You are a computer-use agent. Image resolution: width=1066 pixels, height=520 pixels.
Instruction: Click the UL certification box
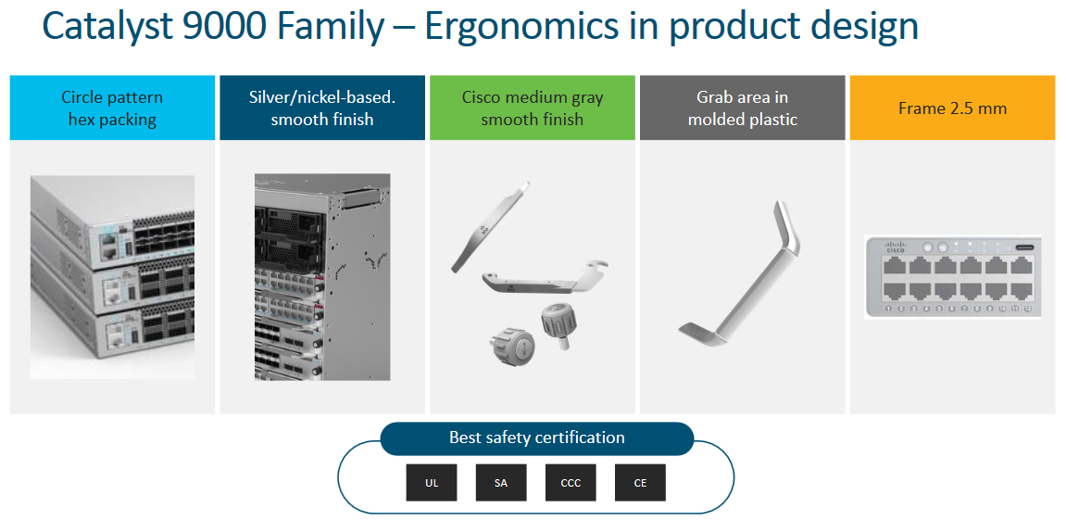tap(432, 483)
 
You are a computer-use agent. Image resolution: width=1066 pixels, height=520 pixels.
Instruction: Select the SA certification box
tap(501, 483)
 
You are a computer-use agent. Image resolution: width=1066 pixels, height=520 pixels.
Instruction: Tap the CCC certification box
tap(571, 483)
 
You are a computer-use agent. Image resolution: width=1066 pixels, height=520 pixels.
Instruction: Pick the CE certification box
tap(640, 483)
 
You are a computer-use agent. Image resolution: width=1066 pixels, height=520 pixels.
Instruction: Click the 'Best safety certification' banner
tap(536, 438)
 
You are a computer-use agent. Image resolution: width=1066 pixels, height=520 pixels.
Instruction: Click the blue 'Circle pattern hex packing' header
tap(112, 108)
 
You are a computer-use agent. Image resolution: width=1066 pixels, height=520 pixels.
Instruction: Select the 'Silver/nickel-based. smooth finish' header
tap(322, 108)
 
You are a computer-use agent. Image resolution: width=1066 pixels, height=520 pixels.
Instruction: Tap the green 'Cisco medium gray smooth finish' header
tap(533, 108)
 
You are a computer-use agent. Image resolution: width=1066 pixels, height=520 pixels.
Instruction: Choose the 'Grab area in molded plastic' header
tap(742, 108)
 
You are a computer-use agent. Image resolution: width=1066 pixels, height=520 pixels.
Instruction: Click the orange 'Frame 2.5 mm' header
tap(952, 108)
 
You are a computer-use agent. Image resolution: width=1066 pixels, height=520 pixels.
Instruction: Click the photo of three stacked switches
tap(112, 276)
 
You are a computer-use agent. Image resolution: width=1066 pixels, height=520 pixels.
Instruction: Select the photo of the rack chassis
tap(322, 276)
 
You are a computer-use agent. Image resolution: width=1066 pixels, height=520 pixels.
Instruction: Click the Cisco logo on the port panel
tap(896, 247)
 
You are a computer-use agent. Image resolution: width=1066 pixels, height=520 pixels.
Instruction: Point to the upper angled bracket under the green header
tap(491, 227)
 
